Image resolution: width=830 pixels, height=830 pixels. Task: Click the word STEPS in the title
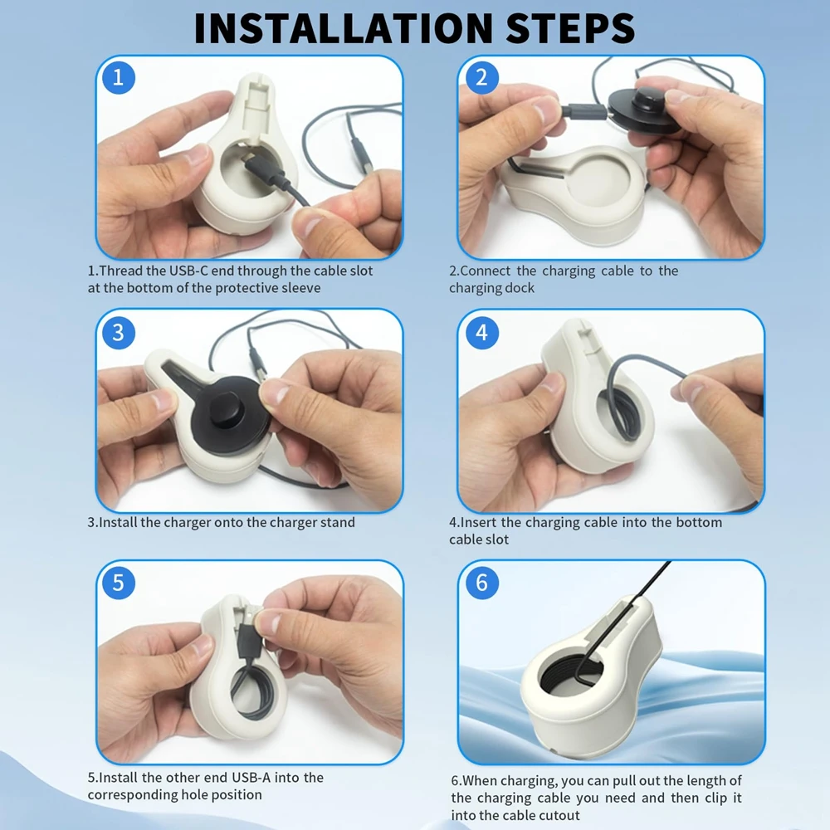(x=571, y=27)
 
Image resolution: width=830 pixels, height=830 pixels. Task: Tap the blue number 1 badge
(x=119, y=78)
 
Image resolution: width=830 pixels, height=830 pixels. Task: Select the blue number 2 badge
(x=481, y=78)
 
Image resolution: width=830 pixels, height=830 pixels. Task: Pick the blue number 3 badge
(x=119, y=333)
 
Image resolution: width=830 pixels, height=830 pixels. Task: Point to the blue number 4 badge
(x=481, y=333)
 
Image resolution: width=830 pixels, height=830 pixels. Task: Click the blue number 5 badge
(x=119, y=583)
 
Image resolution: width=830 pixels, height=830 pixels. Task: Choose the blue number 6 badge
(x=481, y=583)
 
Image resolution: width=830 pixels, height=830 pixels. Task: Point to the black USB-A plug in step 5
(x=247, y=633)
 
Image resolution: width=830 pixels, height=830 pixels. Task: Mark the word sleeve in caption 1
(x=301, y=288)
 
